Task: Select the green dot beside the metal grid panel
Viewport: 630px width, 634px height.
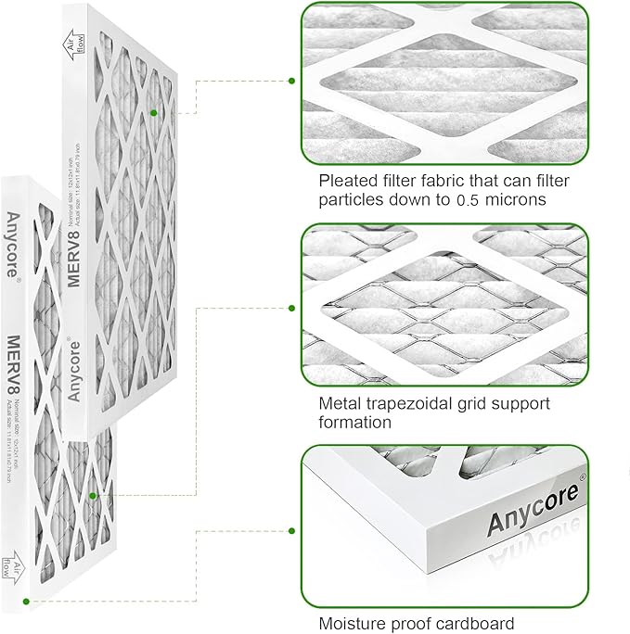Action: click(x=292, y=308)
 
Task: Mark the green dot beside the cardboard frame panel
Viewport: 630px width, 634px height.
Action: click(x=292, y=531)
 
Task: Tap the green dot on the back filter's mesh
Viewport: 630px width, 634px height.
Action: click(x=155, y=113)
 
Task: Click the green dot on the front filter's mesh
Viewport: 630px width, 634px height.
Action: click(x=93, y=497)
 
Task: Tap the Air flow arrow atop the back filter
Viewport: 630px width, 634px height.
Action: click(x=72, y=43)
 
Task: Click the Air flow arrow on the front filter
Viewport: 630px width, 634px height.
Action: click(x=11, y=563)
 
